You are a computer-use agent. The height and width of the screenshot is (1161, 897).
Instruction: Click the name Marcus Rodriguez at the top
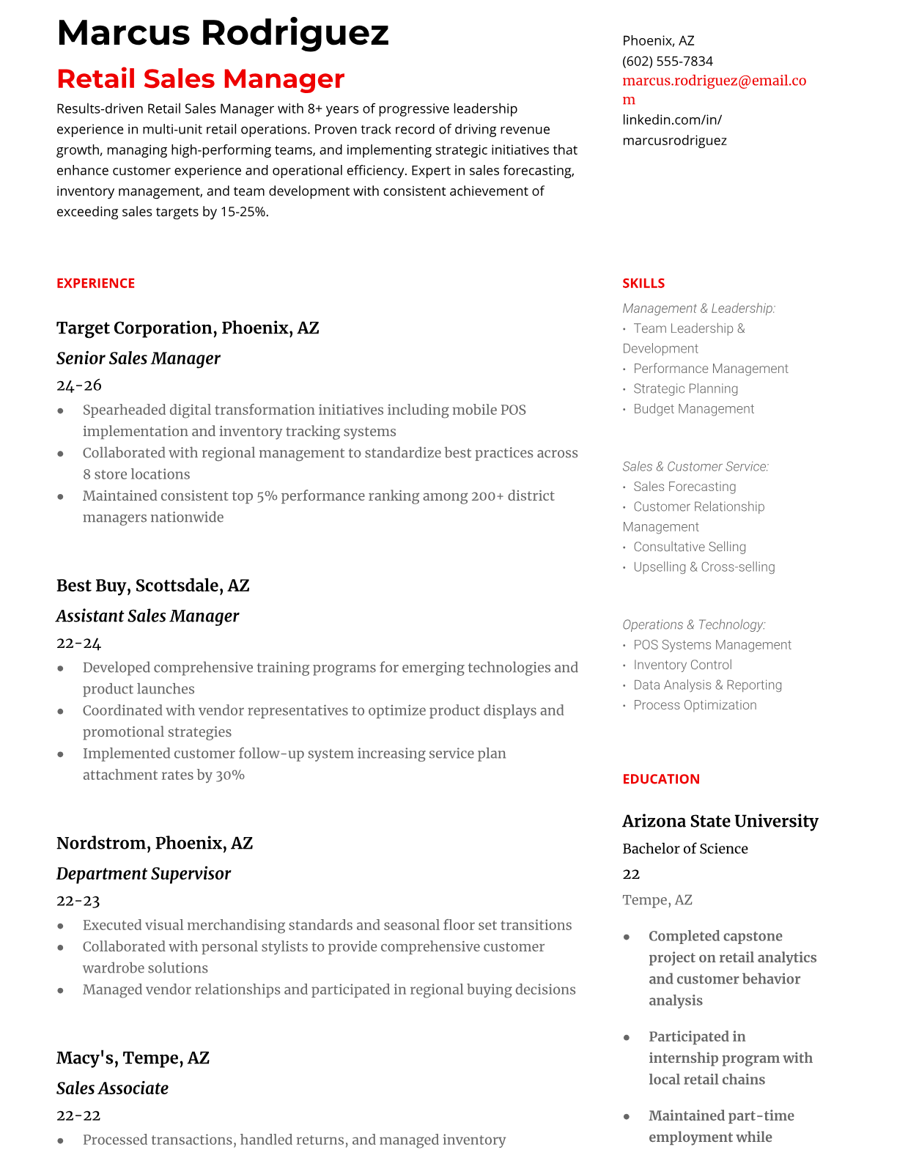click(222, 33)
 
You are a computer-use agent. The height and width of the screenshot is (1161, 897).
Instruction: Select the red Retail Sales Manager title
click(200, 79)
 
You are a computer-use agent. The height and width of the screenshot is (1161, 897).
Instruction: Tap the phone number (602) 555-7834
click(667, 61)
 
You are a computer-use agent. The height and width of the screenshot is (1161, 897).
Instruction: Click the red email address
click(714, 81)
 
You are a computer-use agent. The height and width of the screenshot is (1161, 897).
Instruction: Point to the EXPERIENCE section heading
click(95, 283)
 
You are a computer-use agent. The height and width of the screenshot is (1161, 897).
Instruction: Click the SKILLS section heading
click(643, 283)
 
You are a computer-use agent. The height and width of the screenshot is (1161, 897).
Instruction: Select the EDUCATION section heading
click(660, 778)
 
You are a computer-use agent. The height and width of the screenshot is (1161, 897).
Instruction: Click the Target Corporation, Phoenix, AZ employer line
click(188, 328)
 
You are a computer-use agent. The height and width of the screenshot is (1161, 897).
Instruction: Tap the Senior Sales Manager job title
click(138, 358)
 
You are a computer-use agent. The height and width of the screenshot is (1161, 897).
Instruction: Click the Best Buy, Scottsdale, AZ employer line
click(152, 586)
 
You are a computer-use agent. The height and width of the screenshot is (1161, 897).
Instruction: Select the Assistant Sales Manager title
click(147, 616)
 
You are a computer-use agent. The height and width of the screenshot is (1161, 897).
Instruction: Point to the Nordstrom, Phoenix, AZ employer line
click(154, 843)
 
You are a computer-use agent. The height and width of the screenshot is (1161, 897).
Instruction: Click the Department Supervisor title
click(143, 874)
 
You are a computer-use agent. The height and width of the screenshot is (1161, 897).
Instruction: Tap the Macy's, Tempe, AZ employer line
click(133, 1058)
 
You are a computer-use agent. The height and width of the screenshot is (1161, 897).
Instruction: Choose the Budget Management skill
click(693, 409)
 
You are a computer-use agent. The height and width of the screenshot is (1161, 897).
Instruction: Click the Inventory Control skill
click(682, 665)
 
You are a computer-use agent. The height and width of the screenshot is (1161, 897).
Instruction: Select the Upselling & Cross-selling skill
click(704, 567)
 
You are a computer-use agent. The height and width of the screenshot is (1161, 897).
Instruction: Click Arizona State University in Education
click(720, 821)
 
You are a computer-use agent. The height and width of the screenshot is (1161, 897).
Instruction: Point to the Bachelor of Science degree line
click(684, 849)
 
